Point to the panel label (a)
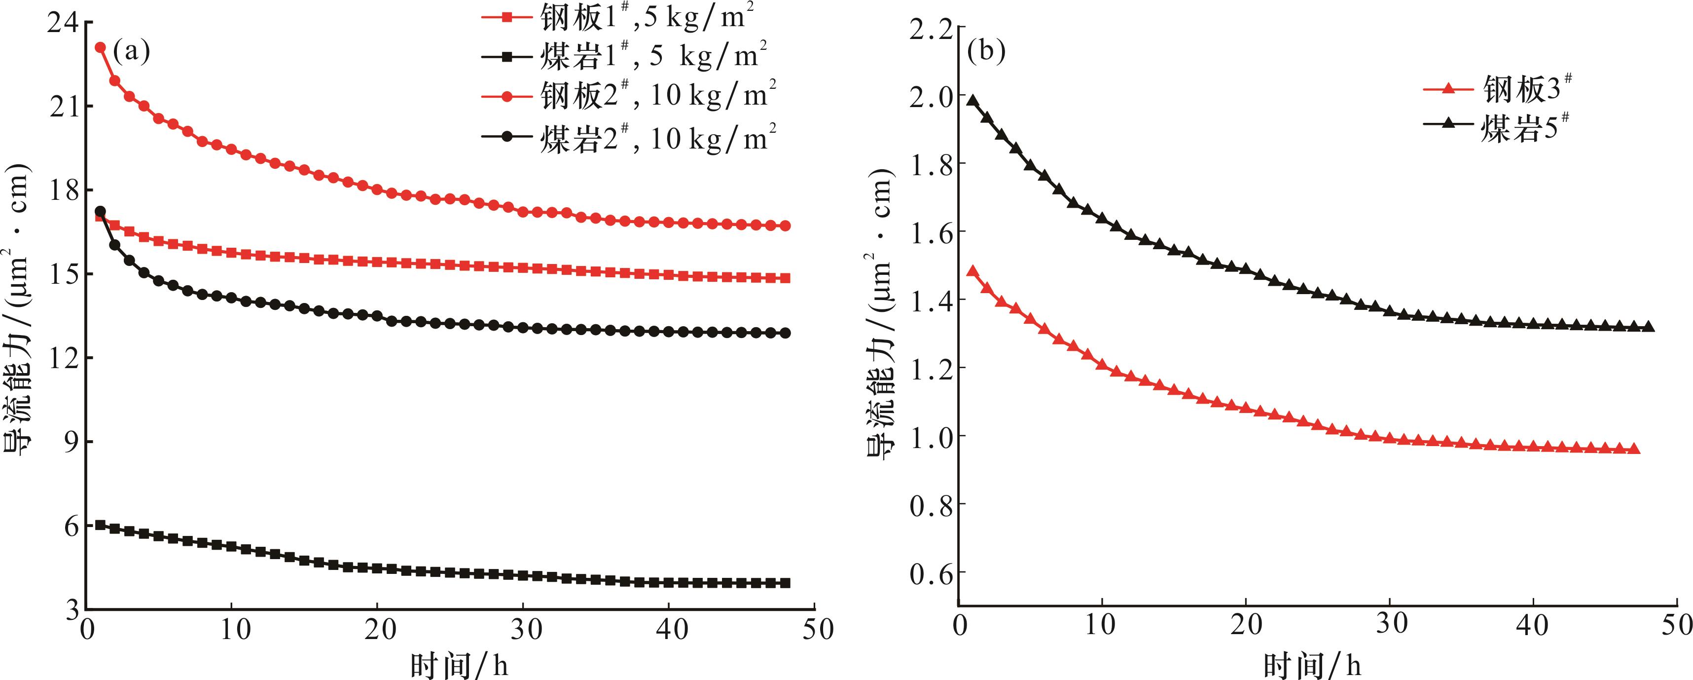coord(132,51)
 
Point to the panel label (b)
coord(986,51)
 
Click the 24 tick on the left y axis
coord(63,24)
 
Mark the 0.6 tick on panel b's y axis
coord(931,573)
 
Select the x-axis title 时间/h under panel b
coord(1312,666)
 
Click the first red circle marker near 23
coord(101,47)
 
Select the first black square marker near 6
coord(101,525)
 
